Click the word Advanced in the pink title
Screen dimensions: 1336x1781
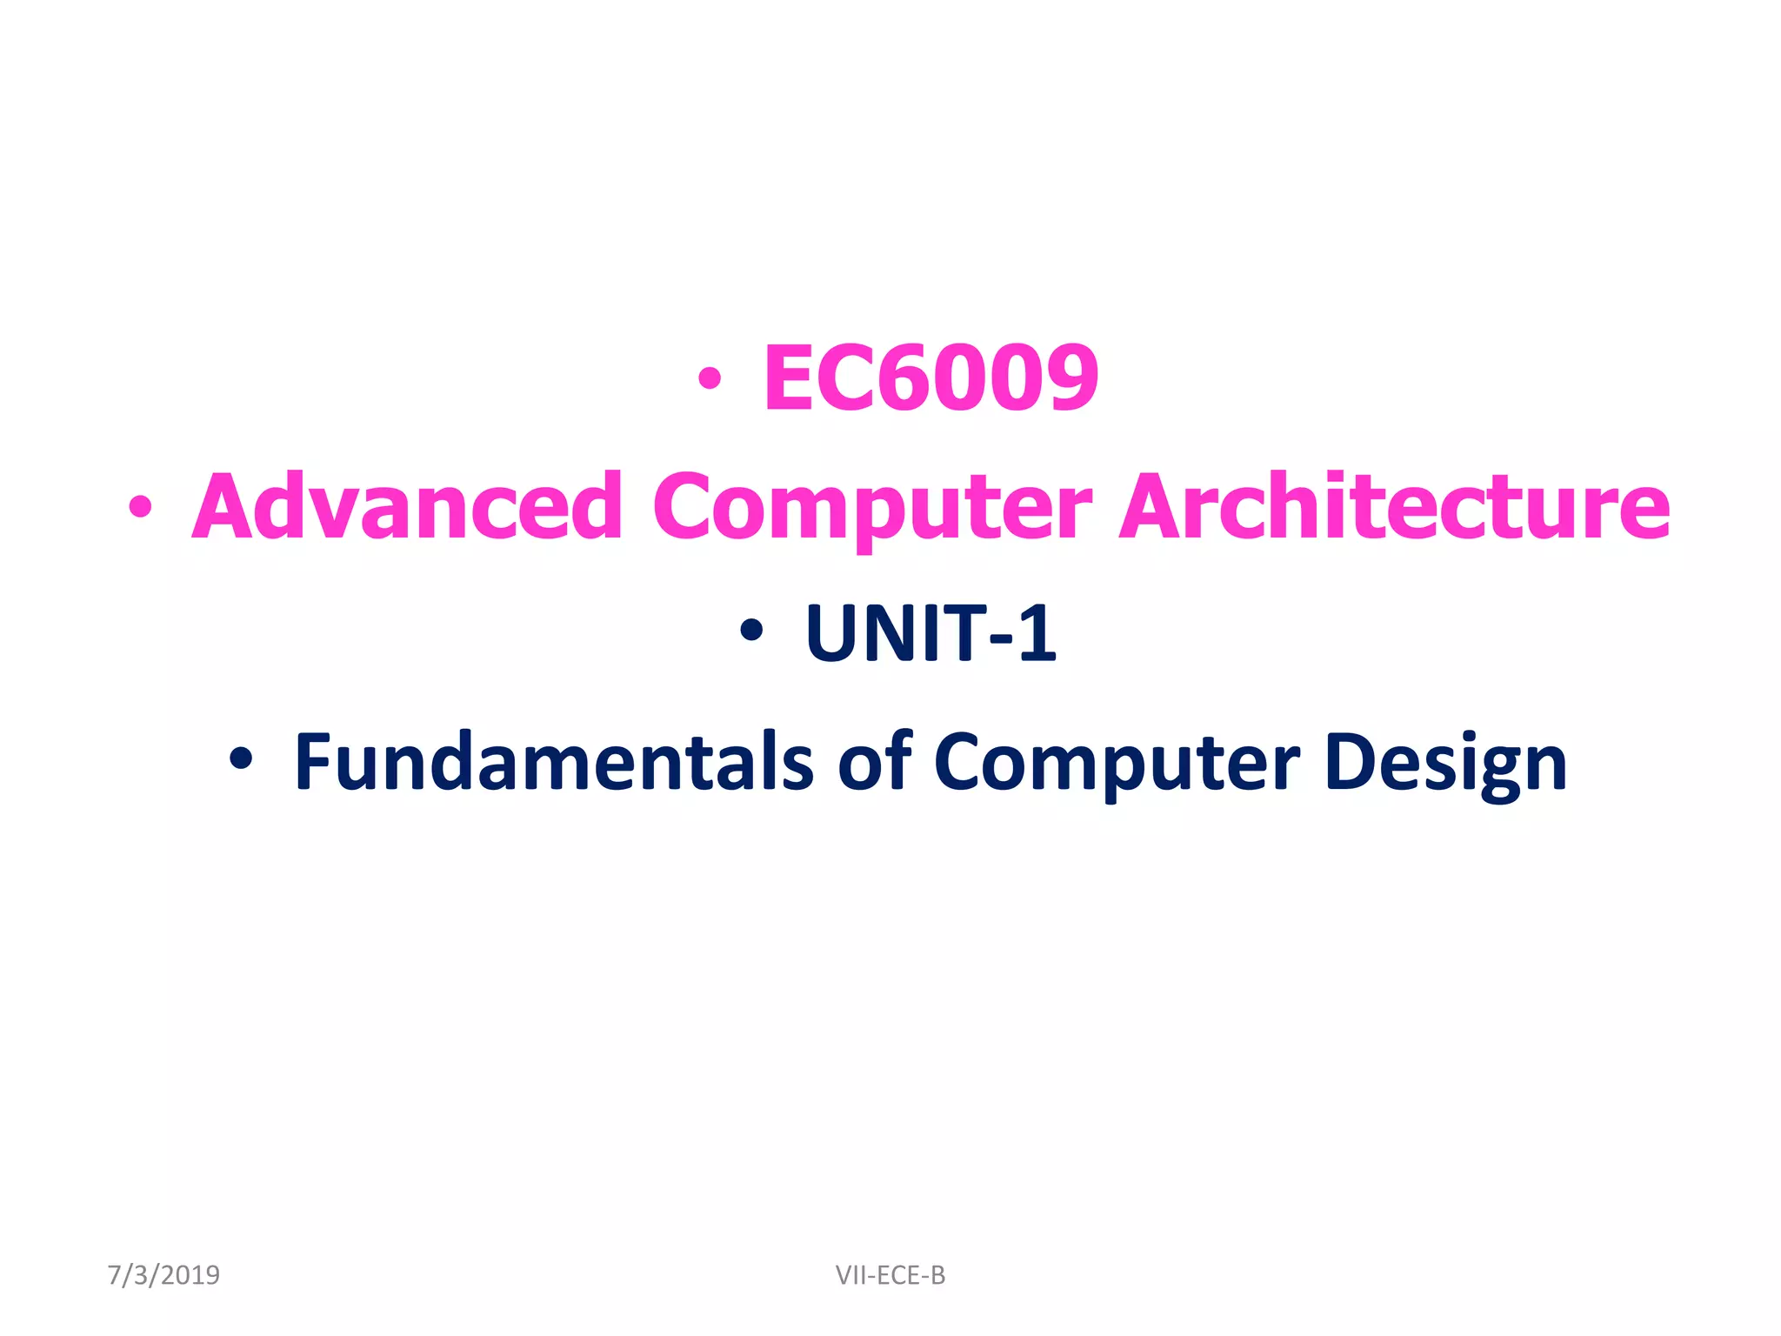[x=407, y=506]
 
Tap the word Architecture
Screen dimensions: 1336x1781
[x=1394, y=506]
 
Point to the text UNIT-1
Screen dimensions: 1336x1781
[x=931, y=633]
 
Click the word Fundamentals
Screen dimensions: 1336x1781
[x=554, y=762]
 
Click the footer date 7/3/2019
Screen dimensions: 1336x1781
[x=163, y=1275]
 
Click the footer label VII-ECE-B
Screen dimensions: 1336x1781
[x=890, y=1275]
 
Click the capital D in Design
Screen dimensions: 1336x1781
[x=1350, y=762]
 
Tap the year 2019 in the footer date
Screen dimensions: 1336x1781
[x=190, y=1275]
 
